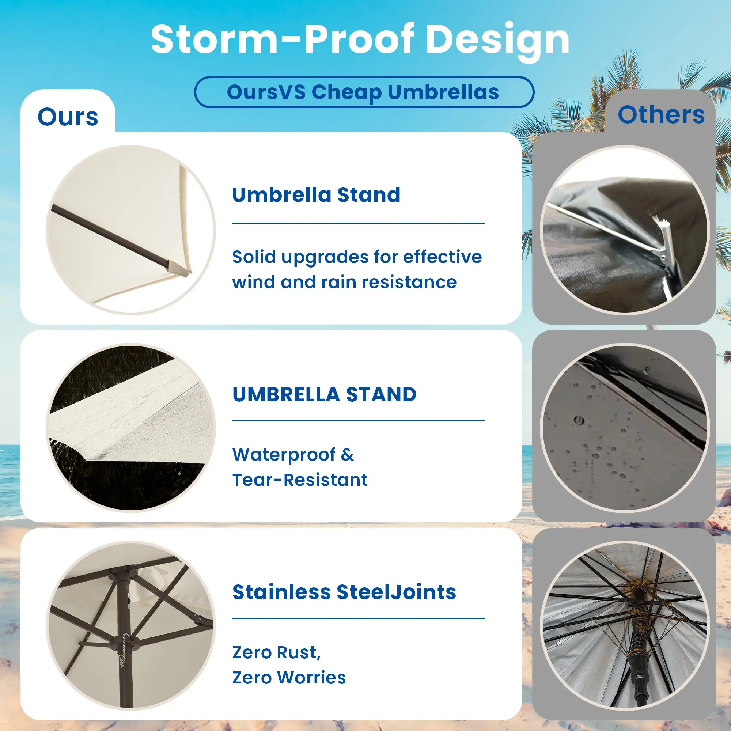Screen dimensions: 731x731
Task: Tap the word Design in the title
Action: (x=497, y=42)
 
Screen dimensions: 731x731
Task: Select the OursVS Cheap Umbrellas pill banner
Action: (x=364, y=92)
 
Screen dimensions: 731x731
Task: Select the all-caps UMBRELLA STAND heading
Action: (x=324, y=394)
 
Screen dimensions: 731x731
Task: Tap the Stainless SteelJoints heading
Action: (x=344, y=592)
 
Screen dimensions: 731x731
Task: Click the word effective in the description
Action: (x=442, y=257)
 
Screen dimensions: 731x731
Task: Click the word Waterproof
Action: (x=284, y=455)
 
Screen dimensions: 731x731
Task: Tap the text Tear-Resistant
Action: (x=300, y=480)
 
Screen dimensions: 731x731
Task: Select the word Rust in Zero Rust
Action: (x=299, y=652)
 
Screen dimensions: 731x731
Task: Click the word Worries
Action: (x=311, y=678)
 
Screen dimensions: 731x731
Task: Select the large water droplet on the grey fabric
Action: (x=579, y=420)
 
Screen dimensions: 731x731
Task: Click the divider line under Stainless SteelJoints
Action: (x=358, y=619)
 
